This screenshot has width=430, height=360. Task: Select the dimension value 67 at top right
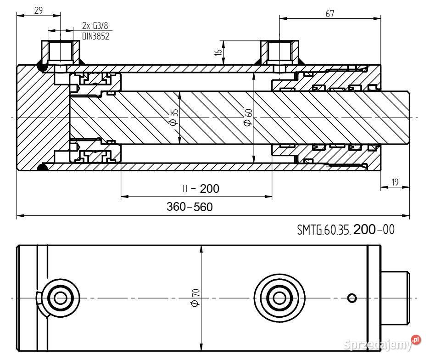(330, 14)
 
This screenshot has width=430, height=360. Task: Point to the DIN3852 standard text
(95, 36)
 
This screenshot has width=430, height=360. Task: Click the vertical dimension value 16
(219, 52)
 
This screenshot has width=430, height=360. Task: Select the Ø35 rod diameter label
(173, 117)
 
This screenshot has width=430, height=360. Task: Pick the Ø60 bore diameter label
(248, 117)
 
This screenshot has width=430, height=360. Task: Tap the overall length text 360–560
(190, 207)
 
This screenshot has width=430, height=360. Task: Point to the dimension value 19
(395, 182)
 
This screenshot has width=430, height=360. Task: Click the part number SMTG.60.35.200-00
(346, 230)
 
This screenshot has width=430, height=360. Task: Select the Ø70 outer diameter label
(195, 298)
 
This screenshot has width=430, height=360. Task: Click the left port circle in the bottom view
(60, 298)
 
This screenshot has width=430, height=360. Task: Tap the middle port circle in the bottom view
(278, 298)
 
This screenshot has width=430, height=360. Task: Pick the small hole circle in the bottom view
(352, 298)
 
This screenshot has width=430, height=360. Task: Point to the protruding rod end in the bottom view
(395, 298)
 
